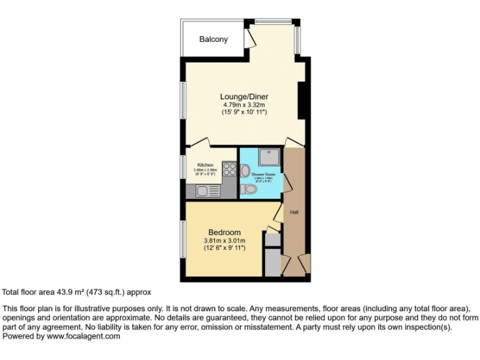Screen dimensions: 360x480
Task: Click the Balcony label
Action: pyautogui.click(x=213, y=39)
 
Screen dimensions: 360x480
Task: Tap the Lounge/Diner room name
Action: pyautogui.click(x=244, y=97)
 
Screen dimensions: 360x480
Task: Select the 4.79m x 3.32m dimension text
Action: pyautogui.click(x=244, y=106)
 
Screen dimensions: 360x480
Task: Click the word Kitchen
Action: pyautogui.click(x=205, y=165)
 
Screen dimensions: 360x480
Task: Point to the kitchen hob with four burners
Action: pyautogui.click(x=228, y=169)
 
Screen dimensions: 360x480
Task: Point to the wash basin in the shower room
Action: pyautogui.click(x=245, y=169)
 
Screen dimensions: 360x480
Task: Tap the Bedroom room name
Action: pyautogui.click(x=224, y=232)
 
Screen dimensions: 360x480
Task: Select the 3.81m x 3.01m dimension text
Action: pyautogui.click(x=224, y=241)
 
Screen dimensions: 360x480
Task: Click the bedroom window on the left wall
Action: pyautogui.click(x=182, y=239)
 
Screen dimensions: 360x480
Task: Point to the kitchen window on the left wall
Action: pyautogui.click(x=182, y=167)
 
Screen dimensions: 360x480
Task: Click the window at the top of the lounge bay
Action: pyautogui.click(x=273, y=22)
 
